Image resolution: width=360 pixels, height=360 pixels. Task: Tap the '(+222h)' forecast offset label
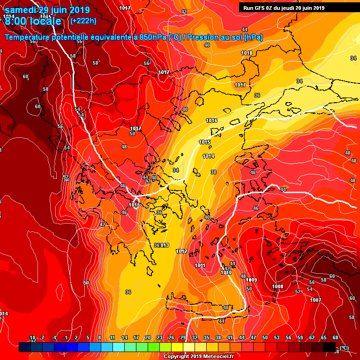point(83,21)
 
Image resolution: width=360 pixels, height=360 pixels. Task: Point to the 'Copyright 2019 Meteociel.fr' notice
point(199,356)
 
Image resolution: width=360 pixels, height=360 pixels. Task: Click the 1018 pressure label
point(247,53)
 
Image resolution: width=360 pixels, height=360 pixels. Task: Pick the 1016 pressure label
point(211,120)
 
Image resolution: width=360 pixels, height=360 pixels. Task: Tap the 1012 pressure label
point(182,252)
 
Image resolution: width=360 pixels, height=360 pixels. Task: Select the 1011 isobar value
point(200,266)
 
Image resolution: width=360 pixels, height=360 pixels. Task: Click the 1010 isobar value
point(226,272)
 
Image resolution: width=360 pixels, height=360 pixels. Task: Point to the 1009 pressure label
point(252,280)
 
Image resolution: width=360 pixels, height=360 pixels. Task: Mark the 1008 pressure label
point(277,286)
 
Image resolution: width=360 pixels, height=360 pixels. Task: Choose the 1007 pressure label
point(315,300)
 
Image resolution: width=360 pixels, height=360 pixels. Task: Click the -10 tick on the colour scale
point(32,338)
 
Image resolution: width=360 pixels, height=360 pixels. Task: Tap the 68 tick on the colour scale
point(335,338)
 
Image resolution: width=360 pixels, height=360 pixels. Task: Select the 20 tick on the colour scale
point(148,338)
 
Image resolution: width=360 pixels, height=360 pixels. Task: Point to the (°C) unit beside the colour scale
point(344,347)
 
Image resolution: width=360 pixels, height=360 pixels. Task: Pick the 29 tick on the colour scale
point(182,338)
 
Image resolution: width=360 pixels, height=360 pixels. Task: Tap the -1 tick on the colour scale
point(65,338)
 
